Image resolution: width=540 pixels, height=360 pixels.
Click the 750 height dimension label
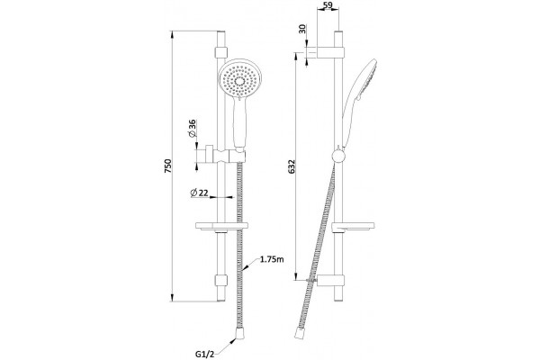(167, 166)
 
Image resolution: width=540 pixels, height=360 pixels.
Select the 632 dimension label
(292, 166)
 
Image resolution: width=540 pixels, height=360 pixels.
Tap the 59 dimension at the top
(328, 5)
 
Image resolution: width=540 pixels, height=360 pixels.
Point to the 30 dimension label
(302, 29)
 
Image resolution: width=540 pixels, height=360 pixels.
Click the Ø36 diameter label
(192, 128)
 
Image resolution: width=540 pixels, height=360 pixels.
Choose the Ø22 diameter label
(200, 193)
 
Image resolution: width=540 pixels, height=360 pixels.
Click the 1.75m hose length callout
(272, 259)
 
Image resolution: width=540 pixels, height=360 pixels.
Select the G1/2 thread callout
(204, 354)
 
